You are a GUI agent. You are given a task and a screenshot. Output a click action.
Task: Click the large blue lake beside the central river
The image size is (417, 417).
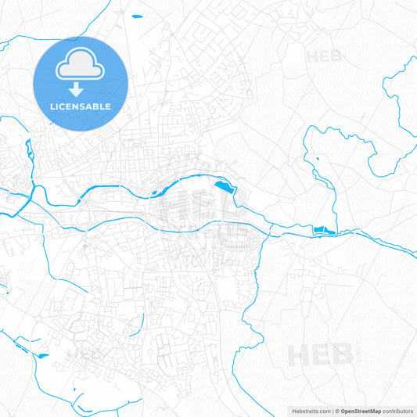(224, 187)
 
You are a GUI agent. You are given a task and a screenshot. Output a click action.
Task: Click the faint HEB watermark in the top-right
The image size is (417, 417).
(323, 56)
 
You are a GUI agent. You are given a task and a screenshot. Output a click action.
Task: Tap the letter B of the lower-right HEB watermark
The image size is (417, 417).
(341, 356)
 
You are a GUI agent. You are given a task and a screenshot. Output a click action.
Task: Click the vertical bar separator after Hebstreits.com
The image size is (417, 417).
(332, 410)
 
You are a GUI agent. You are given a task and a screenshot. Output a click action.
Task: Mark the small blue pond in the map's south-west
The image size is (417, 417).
(42, 356)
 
